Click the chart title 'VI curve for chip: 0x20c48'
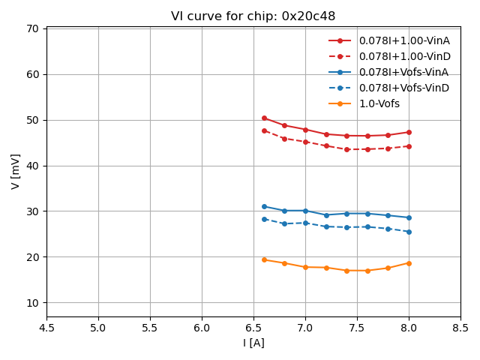point(253,16)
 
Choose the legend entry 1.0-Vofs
point(379,103)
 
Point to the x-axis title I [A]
point(253,343)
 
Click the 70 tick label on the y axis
point(32,29)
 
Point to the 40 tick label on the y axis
point(32,166)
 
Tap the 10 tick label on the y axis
point(32,303)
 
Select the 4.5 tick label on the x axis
point(46,328)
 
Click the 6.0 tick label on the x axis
point(202,328)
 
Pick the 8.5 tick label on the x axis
point(460,328)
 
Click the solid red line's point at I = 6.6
point(264,118)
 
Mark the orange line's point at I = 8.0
point(409,263)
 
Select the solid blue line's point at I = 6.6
point(264,206)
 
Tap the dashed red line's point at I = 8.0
point(409,146)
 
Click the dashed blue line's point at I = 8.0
point(409,232)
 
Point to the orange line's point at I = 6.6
point(264,259)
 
